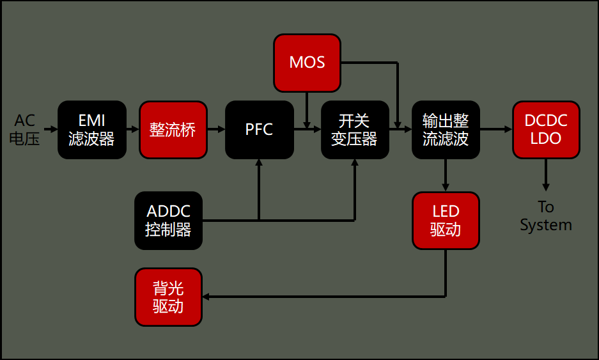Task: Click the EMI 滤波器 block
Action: [x=91, y=130]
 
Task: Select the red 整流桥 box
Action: [x=173, y=130]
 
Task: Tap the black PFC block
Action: [x=259, y=130]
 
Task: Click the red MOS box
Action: [x=307, y=63]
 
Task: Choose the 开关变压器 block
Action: [x=355, y=130]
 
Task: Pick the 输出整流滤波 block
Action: [x=446, y=130]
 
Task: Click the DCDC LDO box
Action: [x=546, y=130]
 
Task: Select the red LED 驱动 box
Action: [x=446, y=221]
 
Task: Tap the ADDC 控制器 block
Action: [x=168, y=221]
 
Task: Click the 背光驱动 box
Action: [x=168, y=297]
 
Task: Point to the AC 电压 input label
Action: [x=25, y=130]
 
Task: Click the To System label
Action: [x=545, y=216]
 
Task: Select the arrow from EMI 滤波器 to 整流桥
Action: [x=132, y=129]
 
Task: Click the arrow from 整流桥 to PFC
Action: [x=217, y=129]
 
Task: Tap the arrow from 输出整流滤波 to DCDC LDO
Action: [x=496, y=129]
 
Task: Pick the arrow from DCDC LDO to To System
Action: [x=546, y=175]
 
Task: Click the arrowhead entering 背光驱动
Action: [x=206, y=297]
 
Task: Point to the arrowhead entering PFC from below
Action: [x=259, y=163]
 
